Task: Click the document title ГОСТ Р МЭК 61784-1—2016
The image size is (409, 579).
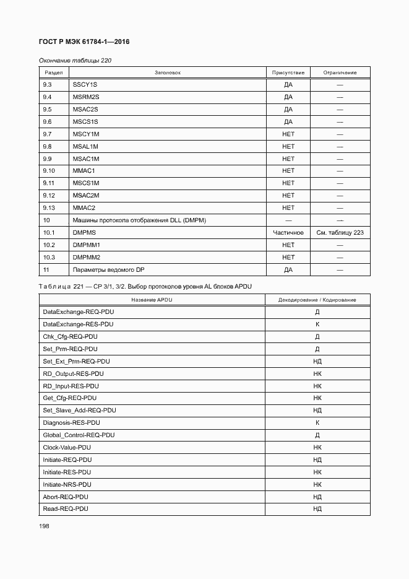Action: [85, 41]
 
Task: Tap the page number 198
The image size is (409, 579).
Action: [45, 525]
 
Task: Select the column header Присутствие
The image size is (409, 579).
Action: [288, 72]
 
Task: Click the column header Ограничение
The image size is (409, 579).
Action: [340, 72]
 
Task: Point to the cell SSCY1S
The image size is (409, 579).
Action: [85, 85]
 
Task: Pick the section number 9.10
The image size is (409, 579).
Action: [50, 171]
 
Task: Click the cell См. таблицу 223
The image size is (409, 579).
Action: [340, 233]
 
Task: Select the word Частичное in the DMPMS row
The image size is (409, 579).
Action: [288, 233]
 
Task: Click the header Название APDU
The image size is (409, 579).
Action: [152, 300]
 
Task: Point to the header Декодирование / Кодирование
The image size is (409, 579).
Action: [317, 300]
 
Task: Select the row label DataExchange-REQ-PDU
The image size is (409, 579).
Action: [79, 312]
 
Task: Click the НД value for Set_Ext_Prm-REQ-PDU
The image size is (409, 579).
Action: [317, 361]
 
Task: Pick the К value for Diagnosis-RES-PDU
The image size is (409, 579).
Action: [317, 422]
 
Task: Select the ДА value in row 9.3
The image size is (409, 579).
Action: [288, 85]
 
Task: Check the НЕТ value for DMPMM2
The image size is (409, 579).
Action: [288, 258]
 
